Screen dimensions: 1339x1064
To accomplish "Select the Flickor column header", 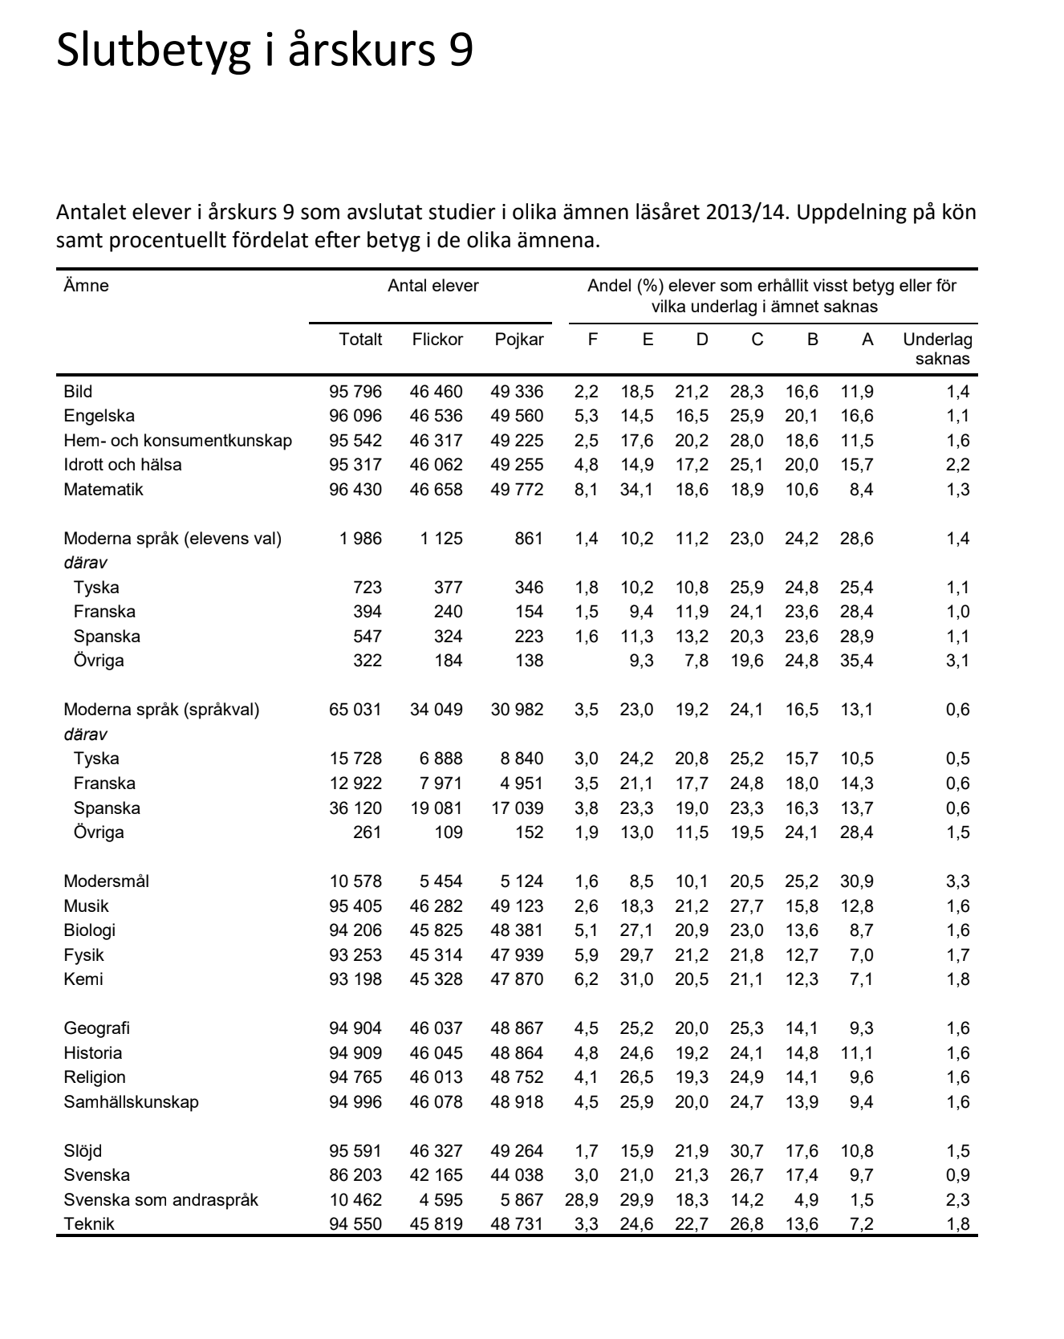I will [437, 340].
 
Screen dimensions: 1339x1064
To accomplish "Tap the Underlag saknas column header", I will [937, 349].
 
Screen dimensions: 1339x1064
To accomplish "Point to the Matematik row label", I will [104, 490].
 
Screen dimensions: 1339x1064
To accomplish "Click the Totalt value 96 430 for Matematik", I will [355, 490].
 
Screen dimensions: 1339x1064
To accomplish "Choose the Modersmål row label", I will [107, 881].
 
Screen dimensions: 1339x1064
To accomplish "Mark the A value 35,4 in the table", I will [856, 661].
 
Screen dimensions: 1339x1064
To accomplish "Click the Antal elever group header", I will [433, 286].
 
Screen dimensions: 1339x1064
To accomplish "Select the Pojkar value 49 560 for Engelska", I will [517, 416].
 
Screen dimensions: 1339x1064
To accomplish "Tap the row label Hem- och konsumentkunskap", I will [178, 441].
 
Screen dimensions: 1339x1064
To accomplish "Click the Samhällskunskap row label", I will [132, 1102].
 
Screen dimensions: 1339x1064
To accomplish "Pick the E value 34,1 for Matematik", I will [636, 490].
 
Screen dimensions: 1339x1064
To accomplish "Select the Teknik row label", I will [89, 1224].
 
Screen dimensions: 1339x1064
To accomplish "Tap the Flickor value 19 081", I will [437, 808].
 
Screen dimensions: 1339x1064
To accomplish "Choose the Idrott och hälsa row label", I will [123, 465].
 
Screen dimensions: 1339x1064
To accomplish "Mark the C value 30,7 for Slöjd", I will [746, 1151].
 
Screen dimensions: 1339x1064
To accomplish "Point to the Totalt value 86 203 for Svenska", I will [355, 1175].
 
